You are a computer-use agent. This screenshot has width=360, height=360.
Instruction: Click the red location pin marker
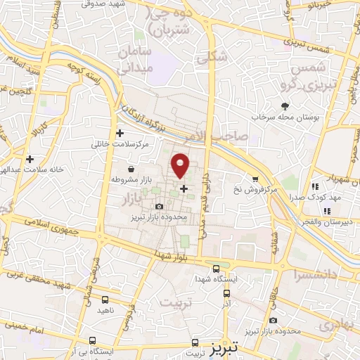(x=181, y=165)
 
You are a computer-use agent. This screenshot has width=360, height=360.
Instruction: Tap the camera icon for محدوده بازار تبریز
(x=160, y=206)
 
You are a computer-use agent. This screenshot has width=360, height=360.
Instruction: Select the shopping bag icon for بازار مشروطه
(x=131, y=169)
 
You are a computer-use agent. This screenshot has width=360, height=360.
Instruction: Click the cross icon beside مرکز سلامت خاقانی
(x=120, y=133)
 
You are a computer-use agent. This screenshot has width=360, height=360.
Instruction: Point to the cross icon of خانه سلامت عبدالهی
(x=30, y=159)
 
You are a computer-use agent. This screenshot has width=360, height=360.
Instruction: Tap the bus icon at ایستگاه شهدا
(x=216, y=269)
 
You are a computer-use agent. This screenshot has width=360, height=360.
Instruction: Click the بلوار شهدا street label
(x=167, y=253)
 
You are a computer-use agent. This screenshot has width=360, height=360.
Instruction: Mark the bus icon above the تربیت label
(x=195, y=344)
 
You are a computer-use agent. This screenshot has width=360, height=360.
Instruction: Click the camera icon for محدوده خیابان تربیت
(x=273, y=320)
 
